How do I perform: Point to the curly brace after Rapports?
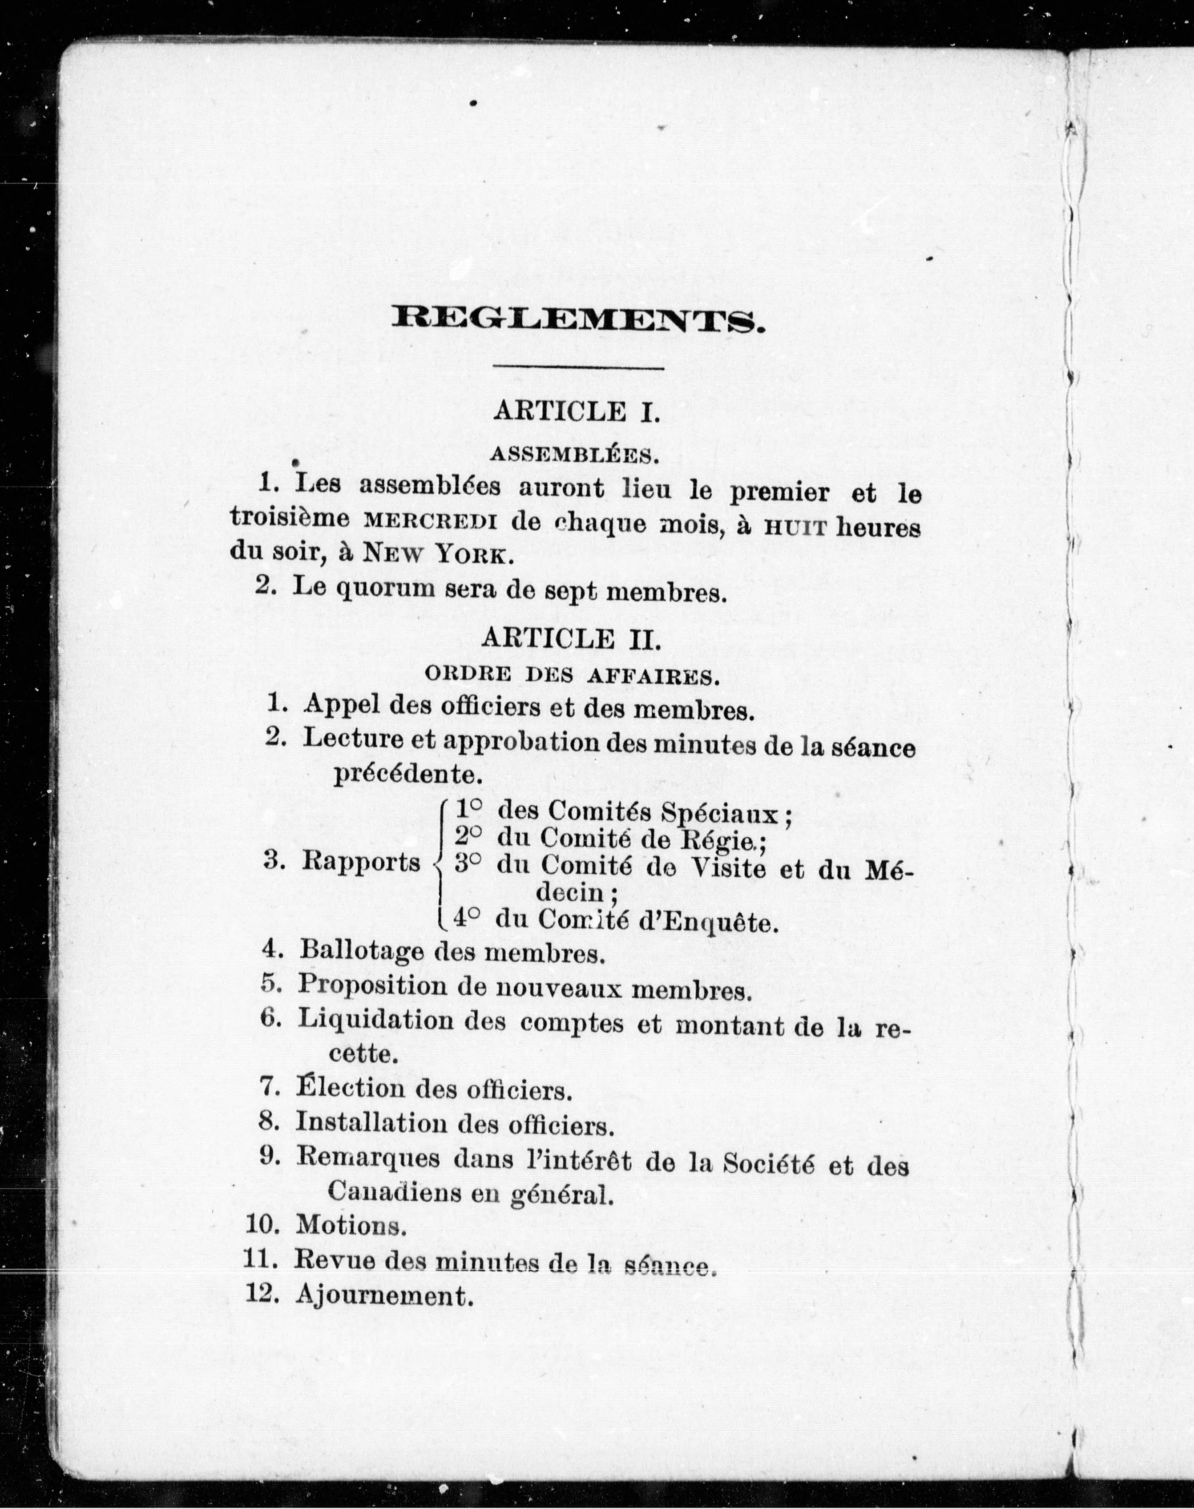(x=440, y=866)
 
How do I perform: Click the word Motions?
(x=350, y=1225)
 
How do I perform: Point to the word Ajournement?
(x=381, y=1296)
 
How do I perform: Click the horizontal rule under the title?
(x=578, y=367)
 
